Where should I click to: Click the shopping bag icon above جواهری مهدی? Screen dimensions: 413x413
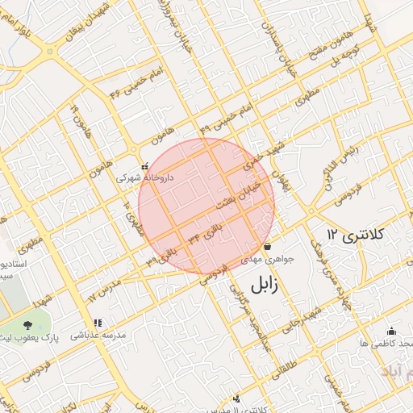coord(267,246)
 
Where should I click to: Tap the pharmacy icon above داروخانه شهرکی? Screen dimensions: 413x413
coord(144,166)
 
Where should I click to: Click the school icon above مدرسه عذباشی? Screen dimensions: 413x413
coord(98,323)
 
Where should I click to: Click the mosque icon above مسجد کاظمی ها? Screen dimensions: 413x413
coord(391,330)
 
